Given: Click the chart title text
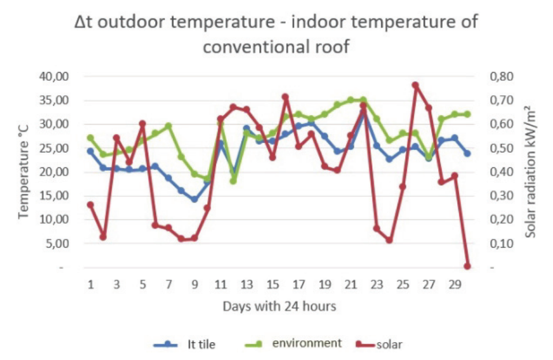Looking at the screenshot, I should coord(276,34).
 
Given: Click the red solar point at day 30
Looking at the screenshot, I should coord(467,266).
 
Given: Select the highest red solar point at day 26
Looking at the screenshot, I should coord(415,85).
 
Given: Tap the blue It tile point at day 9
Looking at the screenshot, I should coord(195,200).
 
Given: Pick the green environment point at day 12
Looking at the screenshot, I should coord(233,181).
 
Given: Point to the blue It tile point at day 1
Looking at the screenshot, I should coord(90,151).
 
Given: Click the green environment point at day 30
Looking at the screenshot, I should coord(467,114).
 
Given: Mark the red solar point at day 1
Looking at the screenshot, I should coord(90,205).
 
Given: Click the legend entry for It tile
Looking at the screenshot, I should coord(185,344).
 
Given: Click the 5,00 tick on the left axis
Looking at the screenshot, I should coord(58,243).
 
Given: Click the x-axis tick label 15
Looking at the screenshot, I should coord(272,284).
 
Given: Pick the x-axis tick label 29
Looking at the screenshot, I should coord(454,284).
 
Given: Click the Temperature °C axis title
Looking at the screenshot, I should coord(24,172).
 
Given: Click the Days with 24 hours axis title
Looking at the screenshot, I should coord(279,306).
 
